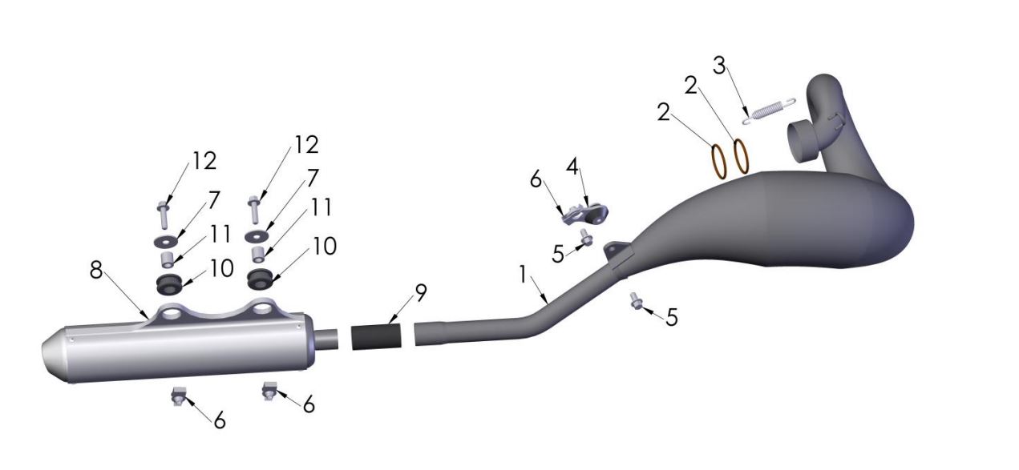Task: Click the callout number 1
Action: pyautogui.click(x=523, y=275)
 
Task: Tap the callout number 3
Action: pyautogui.click(x=720, y=66)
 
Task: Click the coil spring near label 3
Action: pyautogui.click(x=768, y=111)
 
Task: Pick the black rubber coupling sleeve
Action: pyautogui.click(x=376, y=336)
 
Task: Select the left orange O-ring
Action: pyautogui.click(x=718, y=159)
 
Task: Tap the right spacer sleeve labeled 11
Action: pyautogui.click(x=258, y=255)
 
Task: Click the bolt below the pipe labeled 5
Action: pyautogui.click(x=637, y=302)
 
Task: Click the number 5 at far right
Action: pyautogui.click(x=672, y=317)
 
